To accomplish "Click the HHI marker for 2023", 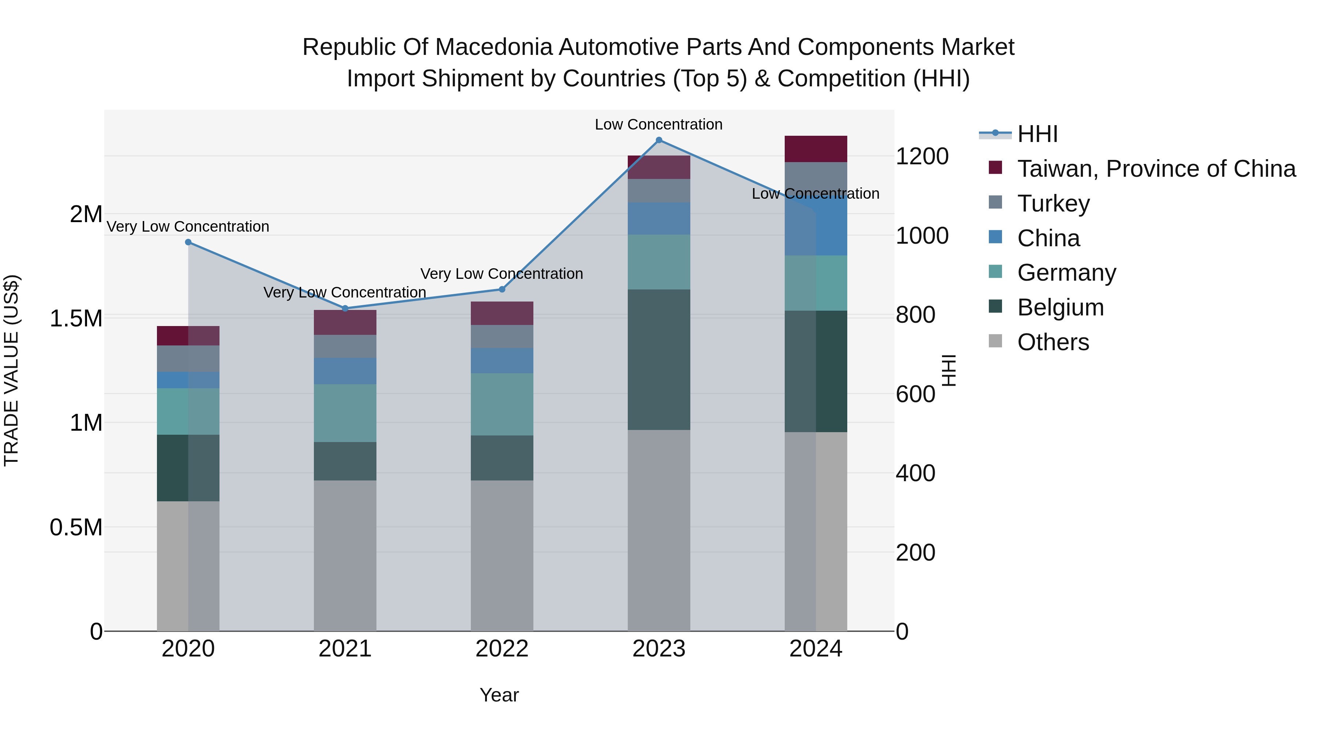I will pyautogui.click(x=658, y=140).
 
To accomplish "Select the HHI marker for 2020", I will pyautogui.click(x=188, y=242).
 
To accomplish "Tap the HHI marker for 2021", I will pyautogui.click(x=345, y=308).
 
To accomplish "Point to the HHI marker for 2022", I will pyautogui.click(x=502, y=289).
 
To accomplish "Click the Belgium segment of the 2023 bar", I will pyautogui.click(x=658, y=359).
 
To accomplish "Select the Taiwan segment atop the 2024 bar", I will pyautogui.click(x=815, y=149).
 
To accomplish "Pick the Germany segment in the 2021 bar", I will pyautogui.click(x=345, y=413).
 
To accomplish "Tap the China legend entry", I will pyautogui.click(x=1048, y=238).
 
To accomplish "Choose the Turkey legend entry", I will pyautogui.click(x=1053, y=203).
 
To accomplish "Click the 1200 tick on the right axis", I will pyautogui.click(x=922, y=157).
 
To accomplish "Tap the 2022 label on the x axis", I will pyautogui.click(x=502, y=649).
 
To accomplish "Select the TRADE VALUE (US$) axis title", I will pyautogui.click(x=11, y=370).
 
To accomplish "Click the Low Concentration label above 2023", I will pyautogui.click(x=658, y=124).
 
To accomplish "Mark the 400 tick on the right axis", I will pyautogui.click(x=915, y=473).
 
